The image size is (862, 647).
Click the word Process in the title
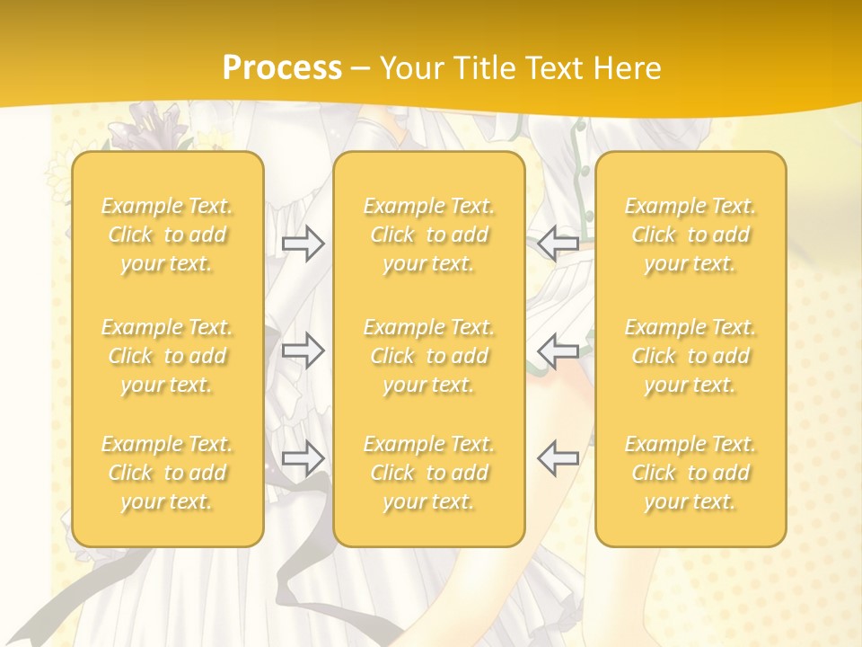point(282,68)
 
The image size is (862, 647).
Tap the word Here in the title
point(629,68)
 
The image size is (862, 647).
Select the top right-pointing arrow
point(303,243)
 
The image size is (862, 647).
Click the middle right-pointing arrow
point(303,350)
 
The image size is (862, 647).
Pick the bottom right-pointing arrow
point(303,458)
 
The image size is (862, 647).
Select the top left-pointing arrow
point(559,243)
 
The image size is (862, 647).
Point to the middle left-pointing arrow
point(559,350)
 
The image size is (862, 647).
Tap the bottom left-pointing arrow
point(559,458)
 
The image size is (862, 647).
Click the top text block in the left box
point(167,235)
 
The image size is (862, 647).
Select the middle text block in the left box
point(167,356)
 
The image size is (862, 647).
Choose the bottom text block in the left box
point(167,473)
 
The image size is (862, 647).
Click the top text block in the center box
point(429,235)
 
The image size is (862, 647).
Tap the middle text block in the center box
point(429,356)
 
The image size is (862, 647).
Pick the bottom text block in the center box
point(429,473)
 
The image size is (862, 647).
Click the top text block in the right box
point(690,235)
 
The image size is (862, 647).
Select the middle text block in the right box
point(690,356)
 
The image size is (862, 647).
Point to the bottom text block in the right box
point(690,473)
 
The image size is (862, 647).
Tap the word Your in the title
point(409,68)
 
